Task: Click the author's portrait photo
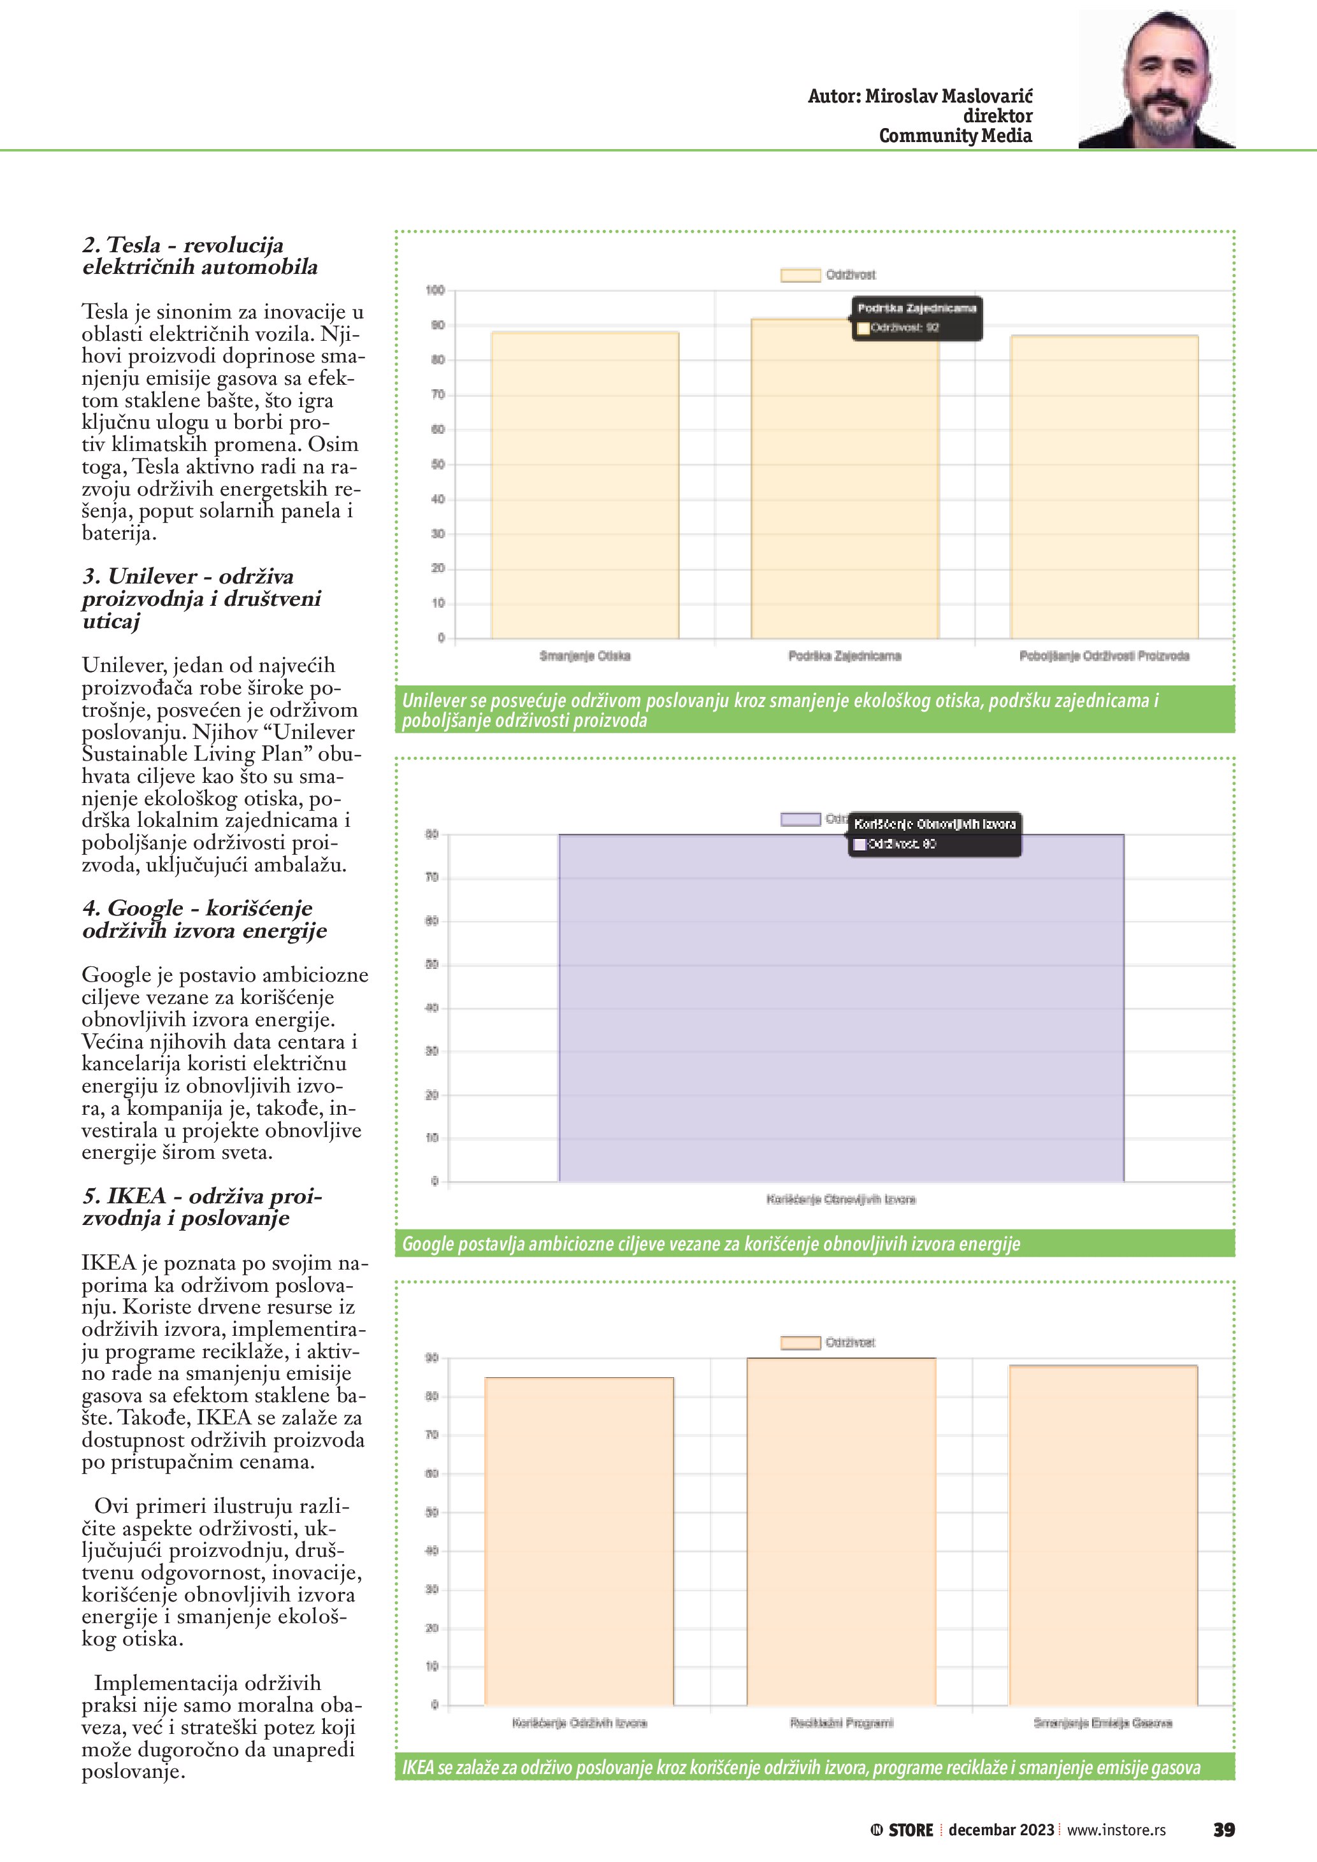[1156, 80]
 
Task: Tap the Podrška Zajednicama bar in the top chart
[844, 487]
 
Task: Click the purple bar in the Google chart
[841, 1013]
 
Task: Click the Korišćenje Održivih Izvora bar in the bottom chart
[579, 1541]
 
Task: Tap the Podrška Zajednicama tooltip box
[916, 318]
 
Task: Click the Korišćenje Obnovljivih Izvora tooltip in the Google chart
[934, 834]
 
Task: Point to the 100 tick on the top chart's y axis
[435, 290]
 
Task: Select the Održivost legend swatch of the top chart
[800, 275]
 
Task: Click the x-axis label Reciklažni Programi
[841, 1722]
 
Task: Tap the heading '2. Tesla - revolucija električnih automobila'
[199, 255]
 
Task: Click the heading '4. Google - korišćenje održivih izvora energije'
[205, 919]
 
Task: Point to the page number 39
[1223, 1830]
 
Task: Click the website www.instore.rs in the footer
[1116, 1830]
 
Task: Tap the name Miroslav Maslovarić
[949, 96]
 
